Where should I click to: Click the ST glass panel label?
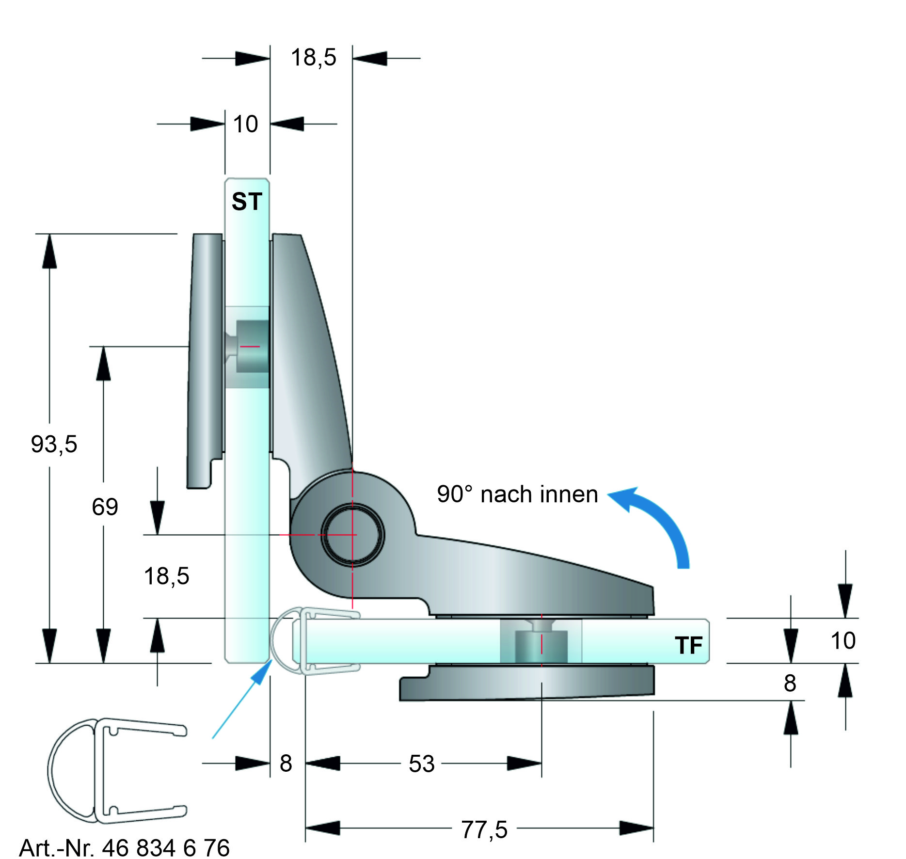tap(247, 201)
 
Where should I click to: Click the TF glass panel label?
tap(688, 645)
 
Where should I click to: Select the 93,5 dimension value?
tap(54, 444)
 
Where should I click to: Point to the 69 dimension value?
tap(105, 507)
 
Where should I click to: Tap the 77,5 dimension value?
tap(484, 829)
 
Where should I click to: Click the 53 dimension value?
tap(422, 764)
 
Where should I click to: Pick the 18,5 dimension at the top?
tap(313, 58)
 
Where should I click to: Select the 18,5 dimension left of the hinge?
tap(166, 576)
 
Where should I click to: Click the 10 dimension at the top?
tap(245, 124)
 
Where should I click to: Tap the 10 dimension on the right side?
tap(843, 641)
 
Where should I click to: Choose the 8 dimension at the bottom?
tap(286, 764)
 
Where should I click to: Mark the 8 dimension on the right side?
tap(790, 684)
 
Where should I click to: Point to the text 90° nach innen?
tap(517, 494)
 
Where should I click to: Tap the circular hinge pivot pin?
tap(352, 535)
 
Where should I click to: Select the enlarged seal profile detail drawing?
tap(116, 771)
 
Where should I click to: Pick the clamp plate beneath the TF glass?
tap(527, 683)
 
